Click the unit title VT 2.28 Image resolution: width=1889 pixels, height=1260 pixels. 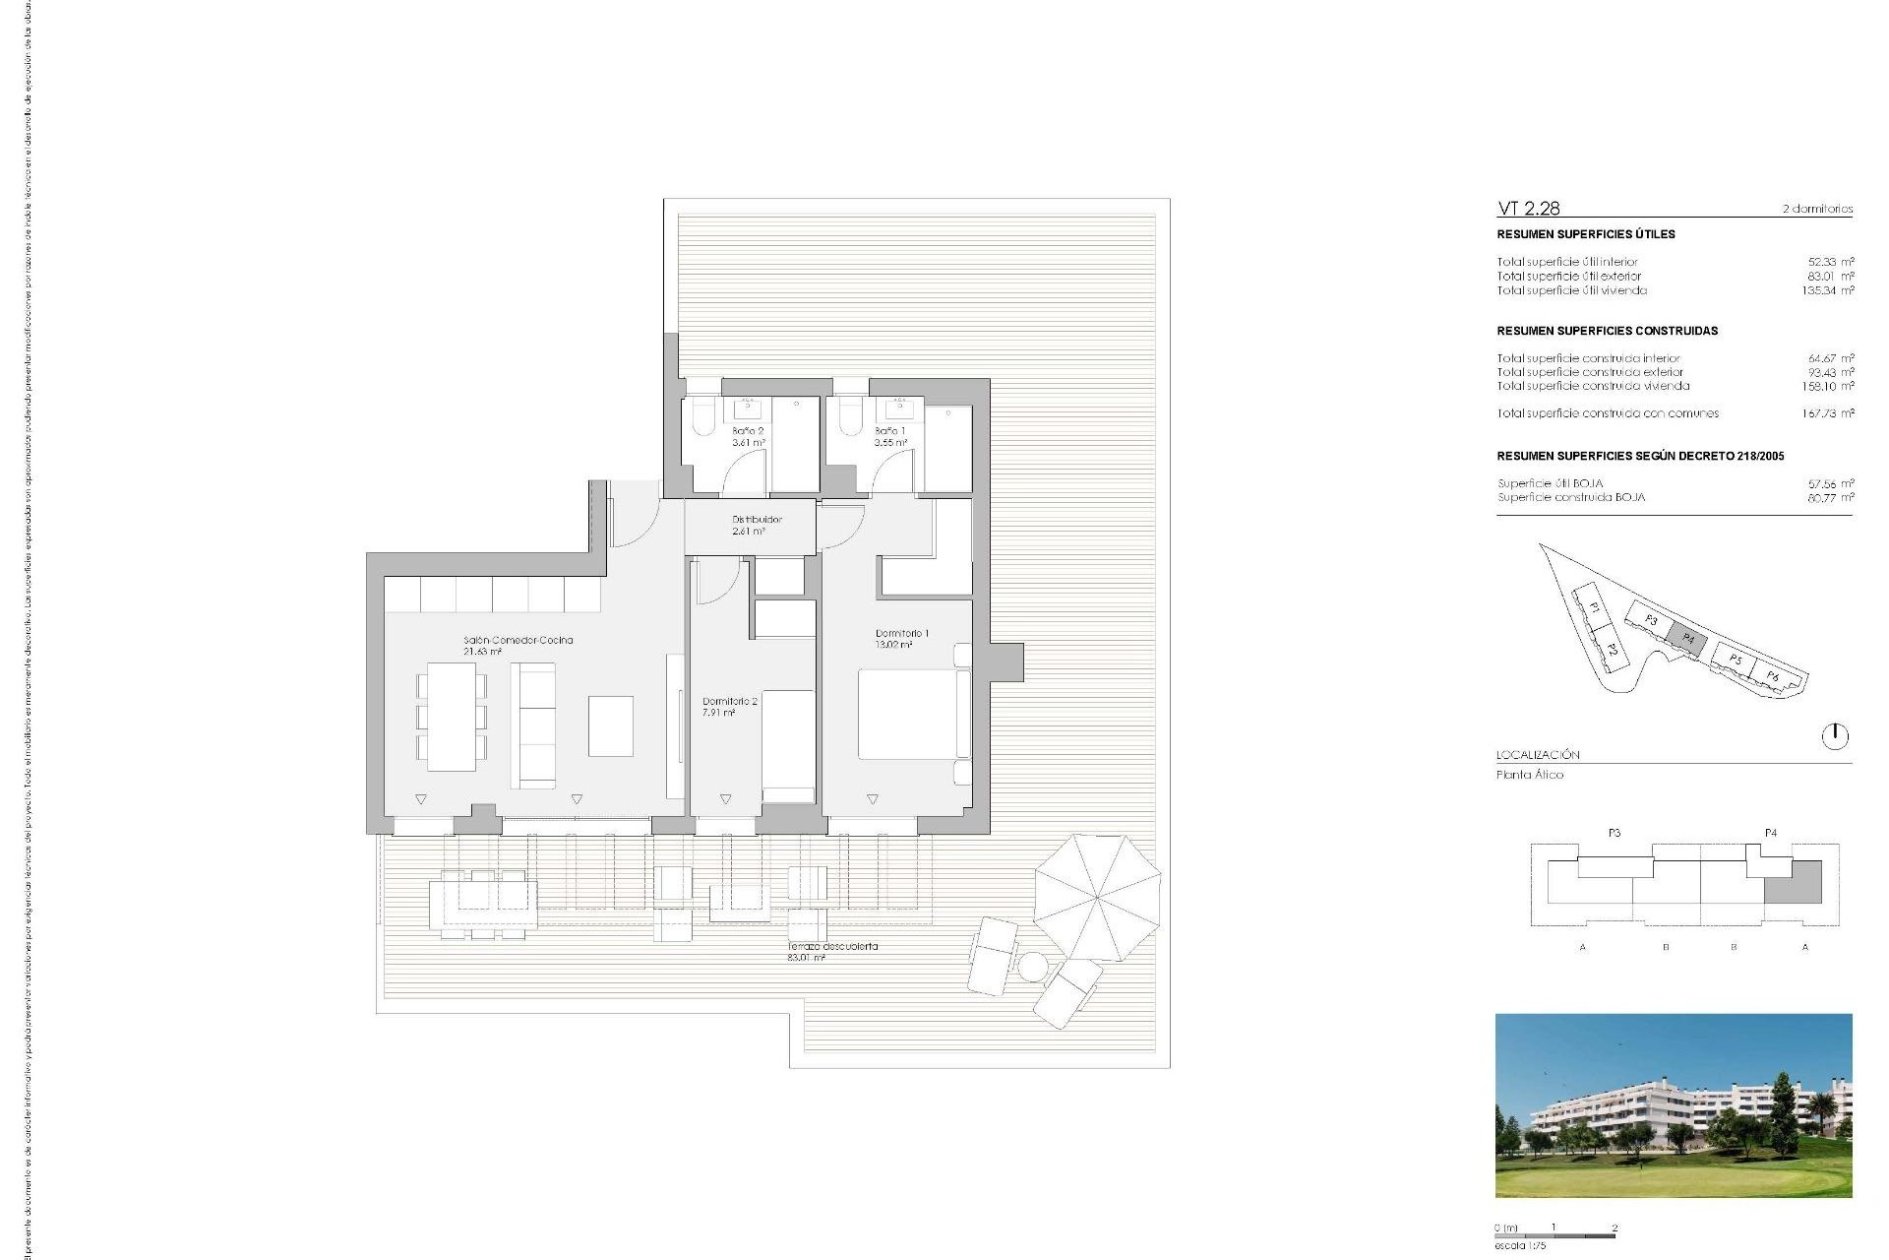point(1528,208)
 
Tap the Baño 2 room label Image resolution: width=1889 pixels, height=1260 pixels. point(748,437)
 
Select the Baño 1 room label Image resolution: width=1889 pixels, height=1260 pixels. point(890,437)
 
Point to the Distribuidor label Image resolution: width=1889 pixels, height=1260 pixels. point(757,525)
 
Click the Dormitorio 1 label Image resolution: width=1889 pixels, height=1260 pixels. point(901,639)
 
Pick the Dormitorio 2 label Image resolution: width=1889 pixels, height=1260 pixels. point(729,707)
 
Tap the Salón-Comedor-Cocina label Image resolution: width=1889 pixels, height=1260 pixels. point(518,645)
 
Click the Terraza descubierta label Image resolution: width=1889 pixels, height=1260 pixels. point(832,951)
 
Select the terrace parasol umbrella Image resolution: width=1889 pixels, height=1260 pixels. point(1097,897)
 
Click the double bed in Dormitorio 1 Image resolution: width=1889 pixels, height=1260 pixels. point(907,714)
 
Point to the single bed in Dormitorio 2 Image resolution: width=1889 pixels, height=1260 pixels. point(788,746)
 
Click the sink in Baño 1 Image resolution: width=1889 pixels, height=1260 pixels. point(899,408)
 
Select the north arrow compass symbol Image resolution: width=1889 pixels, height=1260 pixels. point(1835,736)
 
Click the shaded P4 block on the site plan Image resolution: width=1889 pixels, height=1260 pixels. point(1687,638)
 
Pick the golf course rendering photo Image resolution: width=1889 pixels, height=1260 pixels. point(1673,1105)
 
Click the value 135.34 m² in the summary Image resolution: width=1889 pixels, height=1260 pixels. point(1828,290)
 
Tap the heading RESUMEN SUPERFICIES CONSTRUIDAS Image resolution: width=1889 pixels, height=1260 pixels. point(1607,331)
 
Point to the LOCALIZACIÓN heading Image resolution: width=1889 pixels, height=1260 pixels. point(1538,755)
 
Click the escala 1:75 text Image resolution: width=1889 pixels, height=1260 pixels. point(1520,1246)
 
